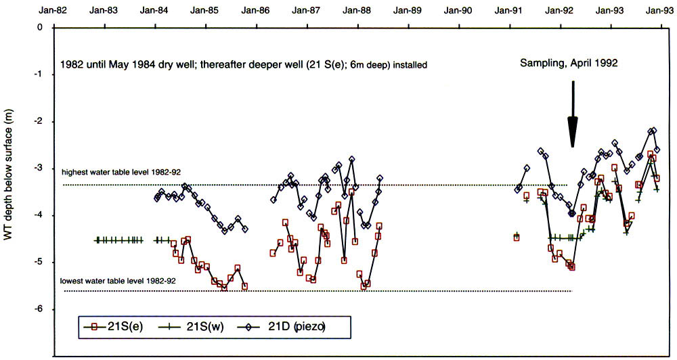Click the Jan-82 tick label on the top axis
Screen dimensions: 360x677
(x=53, y=11)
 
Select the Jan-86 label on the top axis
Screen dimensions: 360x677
(x=257, y=11)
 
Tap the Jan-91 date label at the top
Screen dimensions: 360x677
(x=511, y=11)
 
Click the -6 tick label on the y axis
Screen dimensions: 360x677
(x=39, y=309)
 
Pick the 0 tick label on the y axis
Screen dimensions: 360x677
(x=40, y=28)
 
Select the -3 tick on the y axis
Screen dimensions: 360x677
(x=39, y=168)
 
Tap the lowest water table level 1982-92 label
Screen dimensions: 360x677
(x=118, y=281)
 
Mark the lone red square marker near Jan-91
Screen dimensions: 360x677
(x=517, y=238)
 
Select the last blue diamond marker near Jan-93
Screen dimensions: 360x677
(x=657, y=150)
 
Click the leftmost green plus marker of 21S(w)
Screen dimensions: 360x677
(x=97, y=240)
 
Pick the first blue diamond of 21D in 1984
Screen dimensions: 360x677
(x=156, y=198)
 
